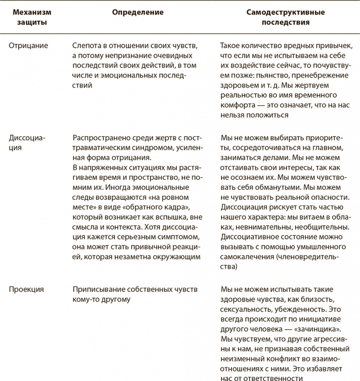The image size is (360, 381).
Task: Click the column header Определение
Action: (x=138, y=12)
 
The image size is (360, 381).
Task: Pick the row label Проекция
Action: (x=26, y=289)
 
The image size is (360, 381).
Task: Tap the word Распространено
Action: (x=99, y=138)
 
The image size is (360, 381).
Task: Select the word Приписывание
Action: (x=94, y=289)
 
